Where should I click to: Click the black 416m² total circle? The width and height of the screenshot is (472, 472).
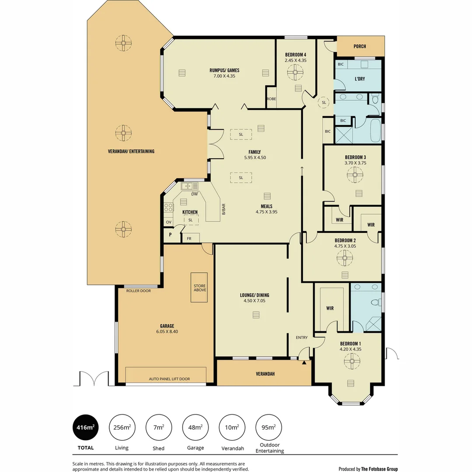pyautogui.click(x=85, y=427)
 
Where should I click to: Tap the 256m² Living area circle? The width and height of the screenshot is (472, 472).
pyautogui.click(x=121, y=427)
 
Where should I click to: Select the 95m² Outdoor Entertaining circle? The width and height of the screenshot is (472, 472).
pyautogui.click(x=269, y=427)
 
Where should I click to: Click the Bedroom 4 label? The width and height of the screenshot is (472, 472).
pyautogui.click(x=295, y=54)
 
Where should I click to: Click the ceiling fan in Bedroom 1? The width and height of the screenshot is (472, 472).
pyautogui.click(x=351, y=361)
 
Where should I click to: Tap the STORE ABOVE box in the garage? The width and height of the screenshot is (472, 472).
pyautogui.click(x=200, y=288)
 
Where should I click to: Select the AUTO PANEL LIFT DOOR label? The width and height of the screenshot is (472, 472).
pyautogui.click(x=169, y=379)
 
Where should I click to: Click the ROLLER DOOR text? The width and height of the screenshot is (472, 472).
pyautogui.click(x=138, y=291)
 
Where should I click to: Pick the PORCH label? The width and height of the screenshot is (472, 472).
pyautogui.click(x=360, y=46)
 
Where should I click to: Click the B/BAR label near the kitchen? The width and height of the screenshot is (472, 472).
pyautogui.click(x=223, y=209)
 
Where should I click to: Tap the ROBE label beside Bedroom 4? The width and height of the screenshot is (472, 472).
pyautogui.click(x=271, y=99)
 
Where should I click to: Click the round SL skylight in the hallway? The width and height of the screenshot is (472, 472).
pyautogui.click(x=324, y=102)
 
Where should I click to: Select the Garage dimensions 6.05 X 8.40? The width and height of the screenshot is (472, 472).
pyautogui.click(x=167, y=332)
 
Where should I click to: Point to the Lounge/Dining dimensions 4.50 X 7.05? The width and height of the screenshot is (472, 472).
pyautogui.click(x=254, y=301)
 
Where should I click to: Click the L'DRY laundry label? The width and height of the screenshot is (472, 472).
pyautogui.click(x=360, y=79)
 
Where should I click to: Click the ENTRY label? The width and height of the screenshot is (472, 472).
pyautogui.click(x=302, y=337)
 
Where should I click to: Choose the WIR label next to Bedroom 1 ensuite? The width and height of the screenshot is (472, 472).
pyautogui.click(x=330, y=308)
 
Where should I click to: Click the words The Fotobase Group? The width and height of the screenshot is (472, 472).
pyautogui.click(x=379, y=469)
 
